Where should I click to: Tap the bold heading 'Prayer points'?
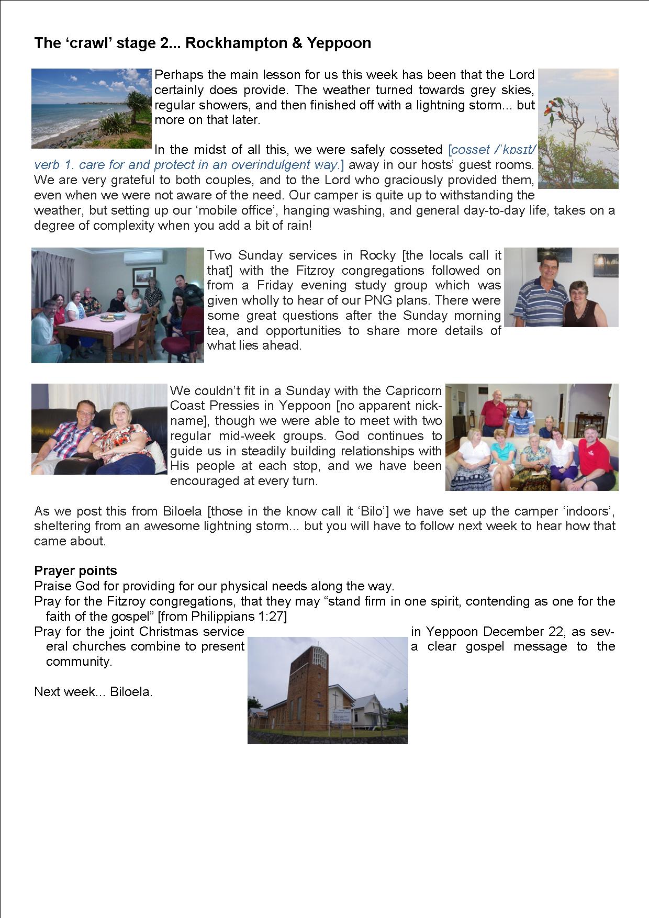pyautogui.click(x=75, y=570)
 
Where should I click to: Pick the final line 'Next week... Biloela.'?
pyautogui.click(x=93, y=691)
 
